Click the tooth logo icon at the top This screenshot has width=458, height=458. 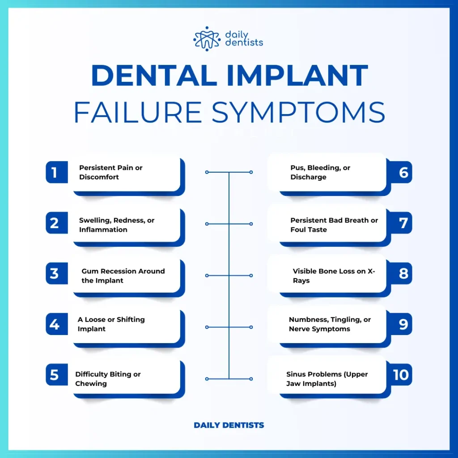click(207, 38)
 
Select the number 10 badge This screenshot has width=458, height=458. click(401, 375)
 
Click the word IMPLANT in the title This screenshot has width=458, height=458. click(297, 76)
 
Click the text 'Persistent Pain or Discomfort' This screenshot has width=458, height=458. click(111, 172)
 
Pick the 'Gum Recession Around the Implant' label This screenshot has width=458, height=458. click(123, 276)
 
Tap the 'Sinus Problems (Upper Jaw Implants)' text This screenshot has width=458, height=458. click(327, 379)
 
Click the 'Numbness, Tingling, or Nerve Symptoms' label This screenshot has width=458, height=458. click(330, 324)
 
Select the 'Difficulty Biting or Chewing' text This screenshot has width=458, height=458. click(108, 379)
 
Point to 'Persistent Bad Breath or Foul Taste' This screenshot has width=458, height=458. click(334, 225)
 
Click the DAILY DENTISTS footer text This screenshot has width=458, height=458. click(229, 425)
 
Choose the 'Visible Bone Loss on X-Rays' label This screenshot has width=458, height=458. click(334, 276)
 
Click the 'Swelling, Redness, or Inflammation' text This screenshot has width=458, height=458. click(117, 225)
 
